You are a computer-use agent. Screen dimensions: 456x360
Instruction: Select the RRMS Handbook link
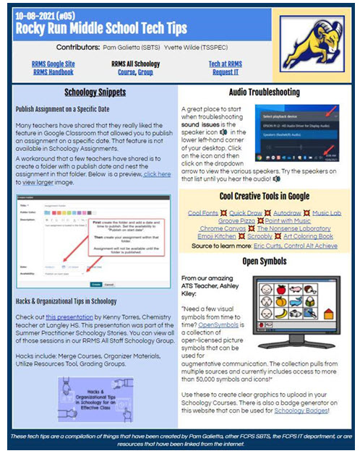(x=52, y=72)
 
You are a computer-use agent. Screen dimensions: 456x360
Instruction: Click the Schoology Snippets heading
(x=95, y=93)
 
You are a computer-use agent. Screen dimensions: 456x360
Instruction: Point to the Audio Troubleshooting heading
(x=264, y=93)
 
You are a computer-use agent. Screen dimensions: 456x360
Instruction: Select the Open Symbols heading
(x=264, y=261)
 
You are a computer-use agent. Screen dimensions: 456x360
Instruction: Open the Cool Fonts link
(x=203, y=213)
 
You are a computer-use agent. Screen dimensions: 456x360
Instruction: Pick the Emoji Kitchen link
(x=208, y=238)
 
